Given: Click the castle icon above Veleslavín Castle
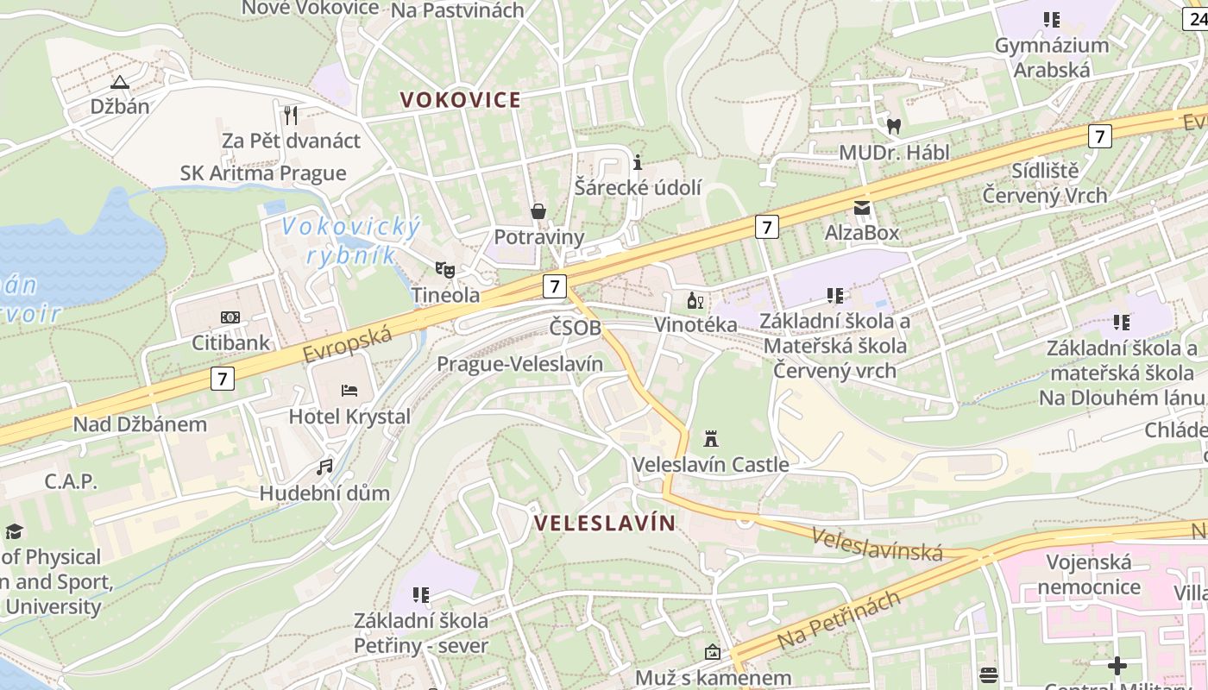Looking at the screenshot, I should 711,439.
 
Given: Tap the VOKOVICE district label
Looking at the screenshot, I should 461,100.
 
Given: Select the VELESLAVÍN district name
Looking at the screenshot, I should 605,523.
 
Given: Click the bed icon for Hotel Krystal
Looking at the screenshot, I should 349,390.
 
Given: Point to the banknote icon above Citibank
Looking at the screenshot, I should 230,317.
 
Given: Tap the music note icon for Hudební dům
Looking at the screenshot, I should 324,467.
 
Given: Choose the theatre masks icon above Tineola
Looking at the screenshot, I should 445,269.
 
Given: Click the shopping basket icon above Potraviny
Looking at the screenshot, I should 538,211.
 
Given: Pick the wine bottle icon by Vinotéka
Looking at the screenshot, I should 695,300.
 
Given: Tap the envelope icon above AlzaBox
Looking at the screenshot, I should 862,207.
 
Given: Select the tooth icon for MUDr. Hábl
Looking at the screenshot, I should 894,126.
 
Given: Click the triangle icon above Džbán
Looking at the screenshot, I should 119,82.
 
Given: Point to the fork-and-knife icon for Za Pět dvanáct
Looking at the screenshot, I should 291,115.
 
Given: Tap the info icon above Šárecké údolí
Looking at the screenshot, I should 638,162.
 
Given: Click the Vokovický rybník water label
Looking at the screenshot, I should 351,241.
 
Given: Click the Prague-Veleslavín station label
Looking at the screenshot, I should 519,363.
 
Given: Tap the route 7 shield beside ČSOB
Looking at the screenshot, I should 554,286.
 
